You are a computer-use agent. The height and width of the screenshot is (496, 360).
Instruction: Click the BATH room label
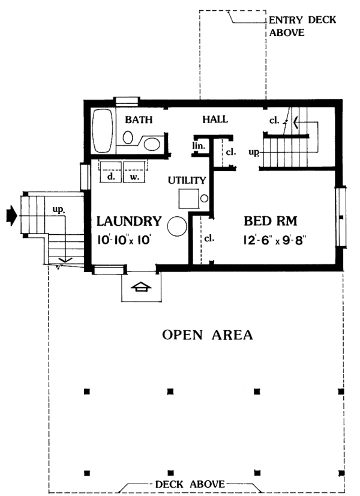(137, 120)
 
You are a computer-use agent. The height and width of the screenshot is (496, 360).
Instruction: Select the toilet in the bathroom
(128, 138)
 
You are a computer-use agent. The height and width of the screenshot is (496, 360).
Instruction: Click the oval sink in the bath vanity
(152, 144)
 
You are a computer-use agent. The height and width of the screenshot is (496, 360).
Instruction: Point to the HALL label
(215, 120)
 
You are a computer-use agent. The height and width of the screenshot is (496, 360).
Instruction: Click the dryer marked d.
(110, 171)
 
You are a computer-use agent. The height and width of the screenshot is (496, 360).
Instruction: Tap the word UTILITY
(187, 180)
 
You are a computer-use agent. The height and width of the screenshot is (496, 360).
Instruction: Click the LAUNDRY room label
(128, 221)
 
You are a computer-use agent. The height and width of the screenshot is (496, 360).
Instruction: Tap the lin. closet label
(199, 146)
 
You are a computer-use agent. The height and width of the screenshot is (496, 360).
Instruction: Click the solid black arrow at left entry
(11, 213)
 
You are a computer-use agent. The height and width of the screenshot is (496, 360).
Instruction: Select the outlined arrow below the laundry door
(140, 288)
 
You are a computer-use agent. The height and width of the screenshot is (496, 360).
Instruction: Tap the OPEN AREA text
(207, 334)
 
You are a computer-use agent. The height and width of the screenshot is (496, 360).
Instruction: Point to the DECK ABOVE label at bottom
(190, 484)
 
